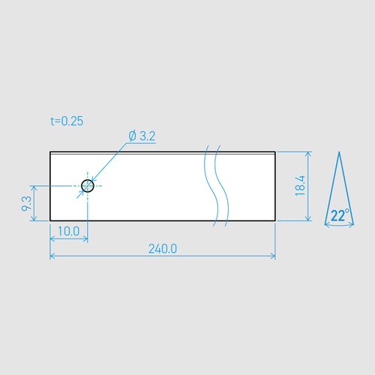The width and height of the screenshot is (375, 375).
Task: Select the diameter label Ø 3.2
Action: pos(142,136)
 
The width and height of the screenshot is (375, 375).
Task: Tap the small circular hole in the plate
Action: pos(88,185)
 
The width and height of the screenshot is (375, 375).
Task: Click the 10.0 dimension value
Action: pos(68,231)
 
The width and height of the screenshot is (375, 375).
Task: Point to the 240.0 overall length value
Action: pos(162,249)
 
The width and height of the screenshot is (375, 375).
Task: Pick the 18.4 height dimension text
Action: pos(299,186)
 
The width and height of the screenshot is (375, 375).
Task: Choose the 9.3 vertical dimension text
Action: pos(27,202)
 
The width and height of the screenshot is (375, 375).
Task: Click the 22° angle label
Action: pos(340,216)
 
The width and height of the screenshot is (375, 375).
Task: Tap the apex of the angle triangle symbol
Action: pos(339,152)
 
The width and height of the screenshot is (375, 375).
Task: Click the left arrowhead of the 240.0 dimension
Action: pos(52,256)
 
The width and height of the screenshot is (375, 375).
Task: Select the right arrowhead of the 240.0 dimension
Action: pos(273,256)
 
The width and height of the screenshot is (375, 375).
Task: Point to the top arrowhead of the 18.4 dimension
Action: pos(307,154)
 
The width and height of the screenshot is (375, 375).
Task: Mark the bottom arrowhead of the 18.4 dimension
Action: pos(307,217)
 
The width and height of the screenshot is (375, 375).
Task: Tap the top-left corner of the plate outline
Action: pos(50,152)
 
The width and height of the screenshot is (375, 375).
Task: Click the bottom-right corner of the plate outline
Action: pos(275,220)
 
